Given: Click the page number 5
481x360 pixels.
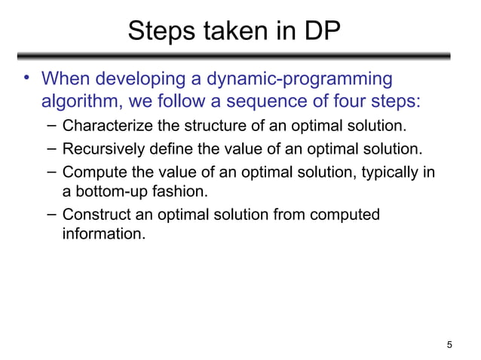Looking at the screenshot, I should point(449,346).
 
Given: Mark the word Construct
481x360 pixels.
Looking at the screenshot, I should point(97,215).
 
